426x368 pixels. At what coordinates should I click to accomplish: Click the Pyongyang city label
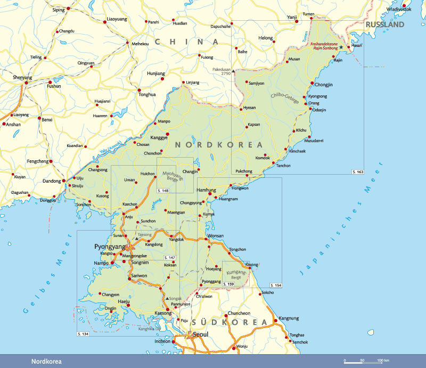coord(110,247)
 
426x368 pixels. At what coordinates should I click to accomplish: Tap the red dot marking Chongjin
coord(312,83)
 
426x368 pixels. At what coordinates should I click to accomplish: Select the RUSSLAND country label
coord(384,24)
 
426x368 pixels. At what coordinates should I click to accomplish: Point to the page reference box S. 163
coord(357,172)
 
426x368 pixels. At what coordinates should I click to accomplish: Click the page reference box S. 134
coord(83,333)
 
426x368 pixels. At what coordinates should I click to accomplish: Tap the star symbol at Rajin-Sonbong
coord(341,47)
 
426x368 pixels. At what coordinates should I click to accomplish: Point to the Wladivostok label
coord(399,9)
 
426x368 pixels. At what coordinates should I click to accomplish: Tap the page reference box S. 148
coord(163,190)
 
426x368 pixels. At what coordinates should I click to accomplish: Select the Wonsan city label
coord(215,235)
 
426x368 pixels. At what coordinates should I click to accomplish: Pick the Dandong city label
coord(52,181)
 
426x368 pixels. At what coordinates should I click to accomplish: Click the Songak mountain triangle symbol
coord(167,299)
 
